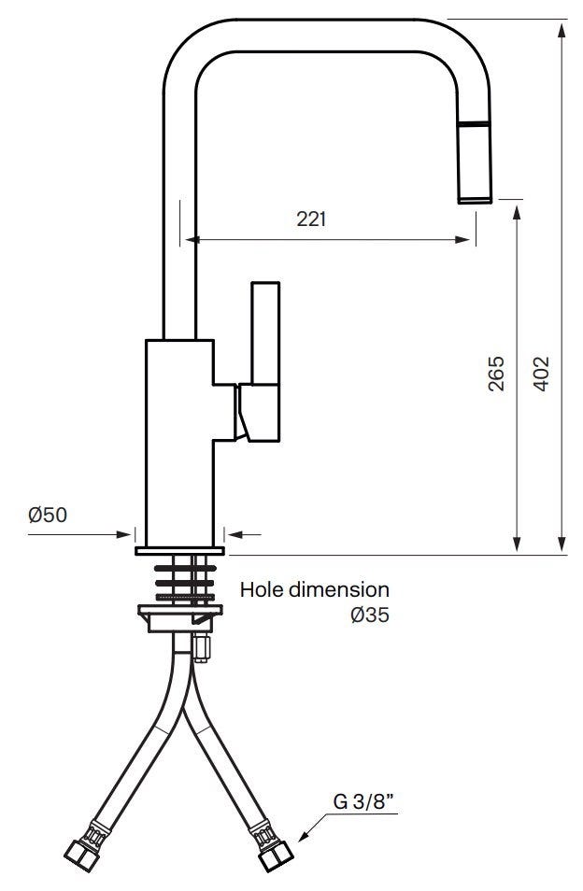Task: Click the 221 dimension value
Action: (x=311, y=219)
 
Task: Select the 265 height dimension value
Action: (x=496, y=374)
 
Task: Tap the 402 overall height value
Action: (x=542, y=374)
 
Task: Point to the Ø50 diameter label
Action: (x=48, y=515)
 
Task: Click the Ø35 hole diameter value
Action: (x=370, y=615)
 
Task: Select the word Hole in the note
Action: (x=262, y=589)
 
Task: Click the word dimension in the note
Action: (x=338, y=589)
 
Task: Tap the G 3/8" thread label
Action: (x=363, y=801)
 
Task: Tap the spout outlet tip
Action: (x=475, y=199)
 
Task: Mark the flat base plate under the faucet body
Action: (x=179, y=550)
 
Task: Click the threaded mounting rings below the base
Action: (x=185, y=583)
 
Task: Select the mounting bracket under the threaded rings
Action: (x=180, y=618)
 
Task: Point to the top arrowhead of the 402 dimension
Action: (x=562, y=30)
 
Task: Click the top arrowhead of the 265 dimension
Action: (x=517, y=213)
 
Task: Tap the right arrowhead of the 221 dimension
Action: (x=462, y=240)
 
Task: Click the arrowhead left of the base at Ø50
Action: (x=124, y=534)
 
